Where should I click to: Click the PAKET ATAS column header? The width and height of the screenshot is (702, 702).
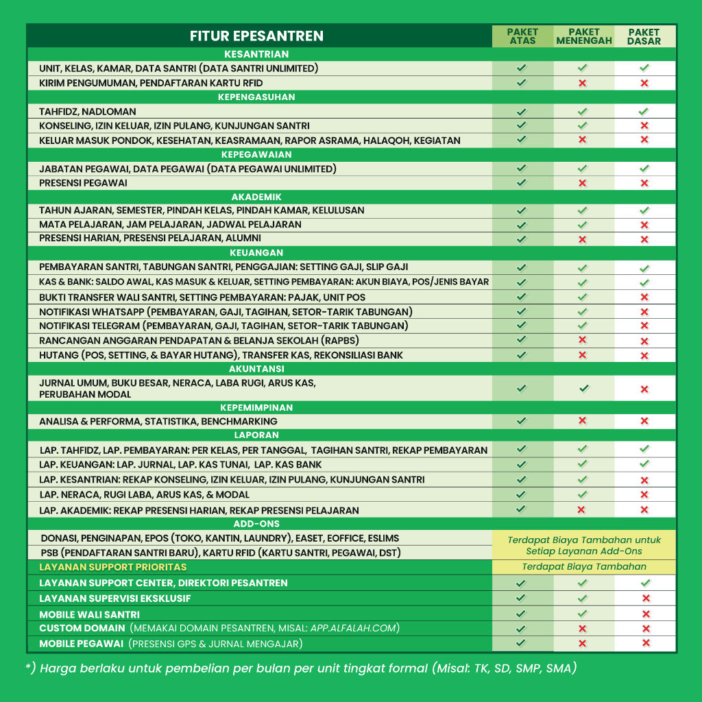coord(522,36)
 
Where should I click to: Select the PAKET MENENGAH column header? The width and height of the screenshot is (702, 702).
coord(583,36)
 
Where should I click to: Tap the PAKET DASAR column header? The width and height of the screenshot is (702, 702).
coord(644,36)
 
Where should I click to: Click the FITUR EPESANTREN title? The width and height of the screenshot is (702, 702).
coord(256,36)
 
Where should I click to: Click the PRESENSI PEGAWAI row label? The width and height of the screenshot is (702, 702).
coord(83,183)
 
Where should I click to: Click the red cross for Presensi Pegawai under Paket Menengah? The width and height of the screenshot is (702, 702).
coord(582,183)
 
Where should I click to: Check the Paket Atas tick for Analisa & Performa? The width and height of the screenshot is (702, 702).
coord(522,421)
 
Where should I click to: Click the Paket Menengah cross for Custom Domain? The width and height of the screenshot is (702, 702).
coord(582,629)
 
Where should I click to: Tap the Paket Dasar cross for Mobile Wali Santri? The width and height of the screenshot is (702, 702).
coord(644,614)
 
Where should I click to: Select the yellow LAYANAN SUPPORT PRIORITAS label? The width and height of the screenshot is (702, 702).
coord(112,567)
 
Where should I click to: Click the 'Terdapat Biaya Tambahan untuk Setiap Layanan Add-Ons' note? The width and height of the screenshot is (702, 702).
coord(584,546)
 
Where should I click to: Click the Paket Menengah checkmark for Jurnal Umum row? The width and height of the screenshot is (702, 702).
coord(583,389)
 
